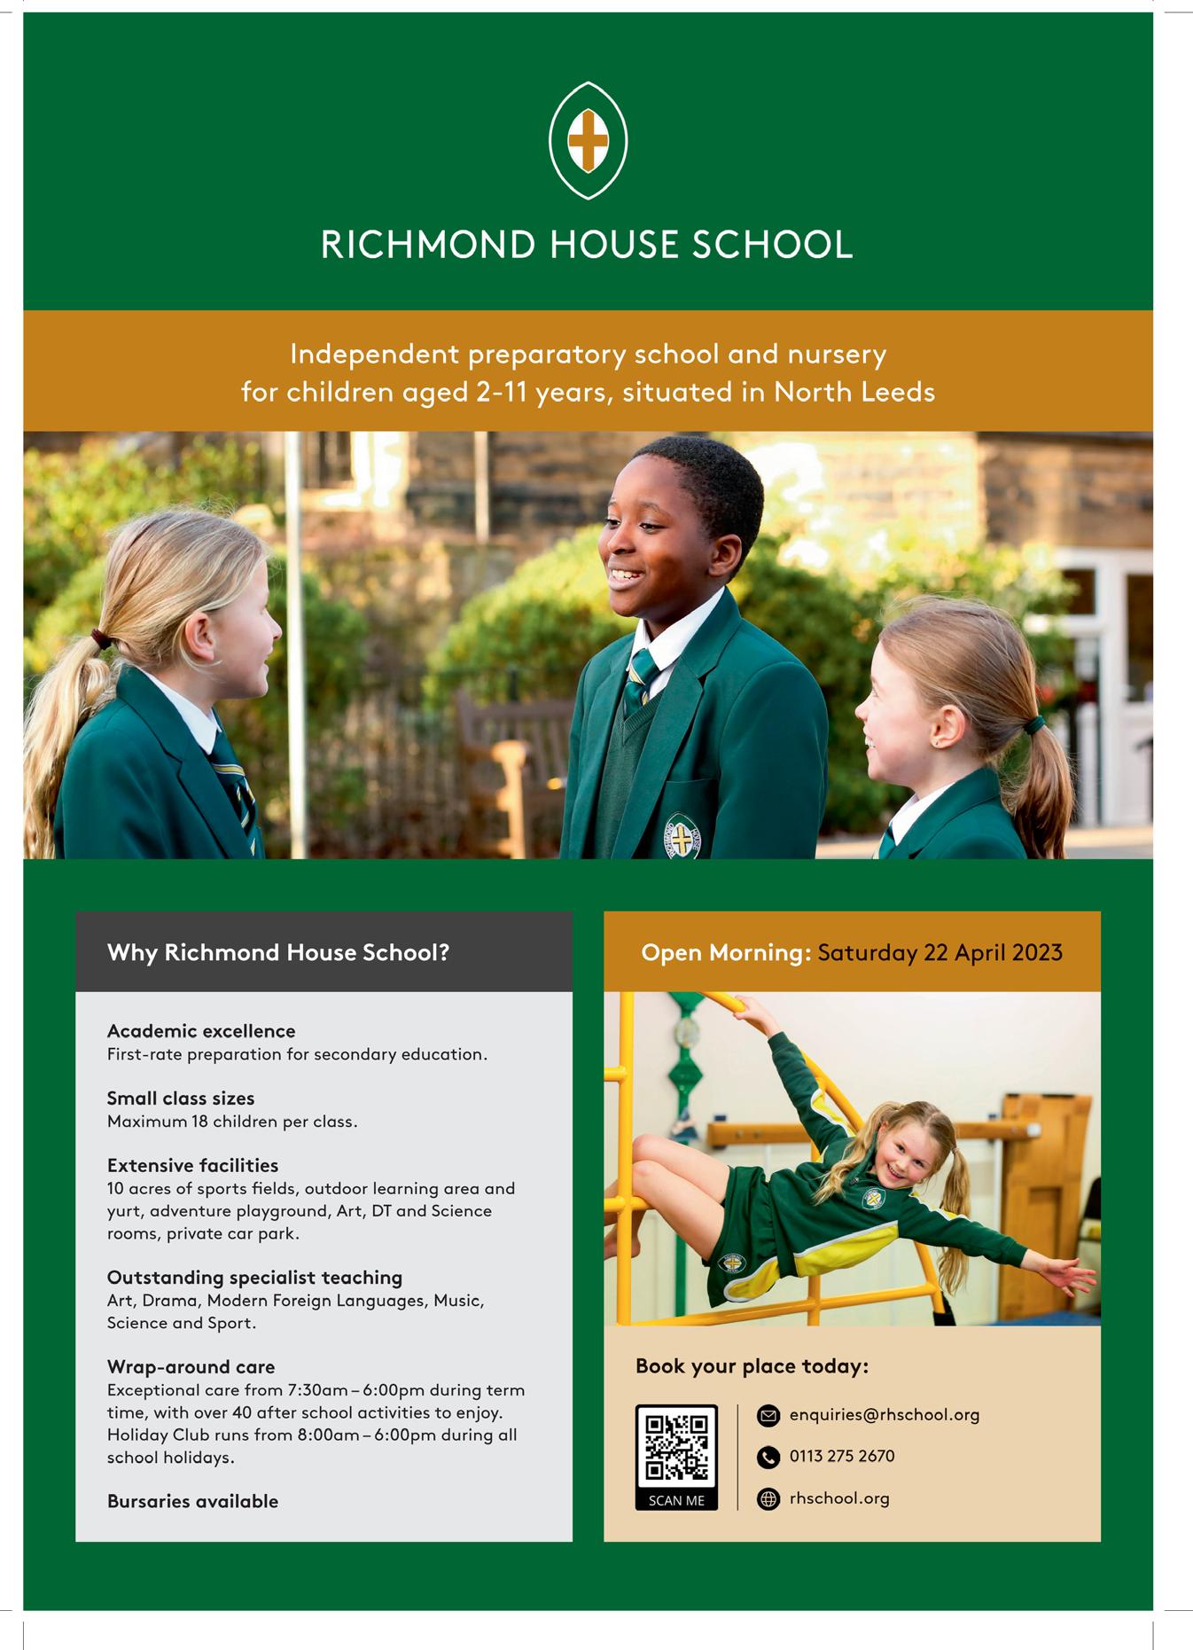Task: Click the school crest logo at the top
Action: point(588,140)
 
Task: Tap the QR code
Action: point(676,1447)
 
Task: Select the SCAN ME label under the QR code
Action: point(676,1500)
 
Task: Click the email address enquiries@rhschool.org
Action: point(884,1415)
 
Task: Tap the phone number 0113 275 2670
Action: point(841,1456)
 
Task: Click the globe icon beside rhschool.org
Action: point(768,1498)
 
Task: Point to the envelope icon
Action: point(768,1416)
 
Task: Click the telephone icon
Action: point(768,1457)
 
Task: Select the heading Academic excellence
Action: point(201,1031)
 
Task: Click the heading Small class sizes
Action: point(181,1099)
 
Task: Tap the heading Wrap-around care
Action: point(191,1366)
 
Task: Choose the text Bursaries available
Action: point(192,1501)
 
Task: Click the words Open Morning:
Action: point(726,953)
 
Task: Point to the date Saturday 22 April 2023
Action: point(940,953)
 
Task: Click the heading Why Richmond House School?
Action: point(278,953)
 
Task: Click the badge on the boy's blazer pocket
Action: point(682,837)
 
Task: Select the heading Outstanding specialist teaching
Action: point(254,1278)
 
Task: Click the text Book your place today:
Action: point(752,1366)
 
